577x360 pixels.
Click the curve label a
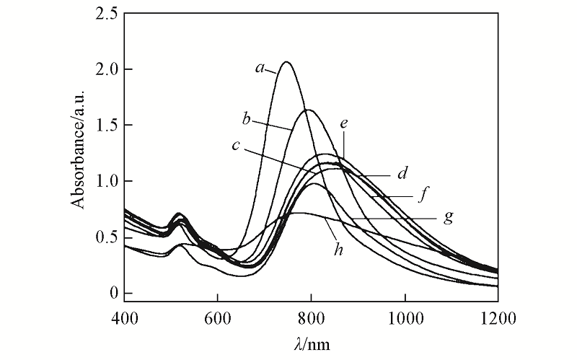(x=258, y=69)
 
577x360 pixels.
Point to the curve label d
(x=403, y=174)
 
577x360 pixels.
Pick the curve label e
(x=344, y=123)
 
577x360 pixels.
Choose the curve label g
(x=450, y=216)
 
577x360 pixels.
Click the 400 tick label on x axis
(x=124, y=316)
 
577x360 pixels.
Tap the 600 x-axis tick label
(x=217, y=316)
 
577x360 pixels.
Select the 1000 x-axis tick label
(x=405, y=316)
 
